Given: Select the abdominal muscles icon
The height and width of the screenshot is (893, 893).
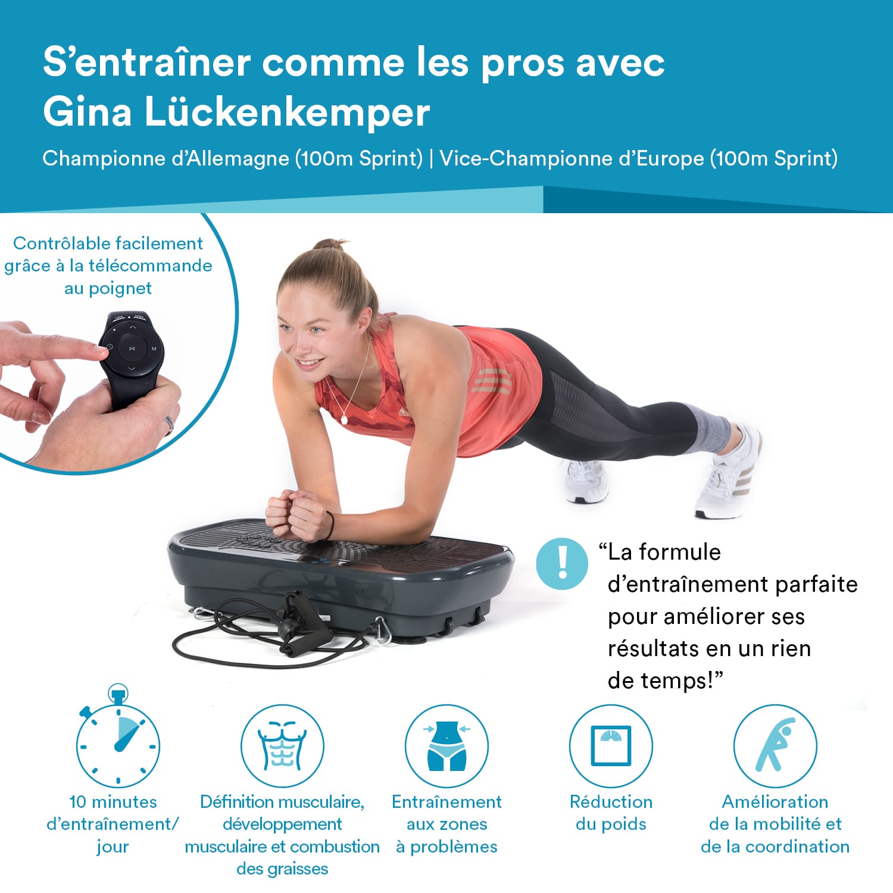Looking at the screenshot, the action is (282, 745).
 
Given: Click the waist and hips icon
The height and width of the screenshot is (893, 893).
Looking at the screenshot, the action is (447, 745).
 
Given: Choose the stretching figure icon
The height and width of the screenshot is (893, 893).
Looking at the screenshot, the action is (775, 745).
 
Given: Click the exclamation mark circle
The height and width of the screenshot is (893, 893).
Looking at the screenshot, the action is (562, 563).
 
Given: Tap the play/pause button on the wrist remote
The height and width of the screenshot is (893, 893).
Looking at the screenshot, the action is (132, 348).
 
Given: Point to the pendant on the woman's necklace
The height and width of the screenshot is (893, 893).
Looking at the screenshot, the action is (344, 419).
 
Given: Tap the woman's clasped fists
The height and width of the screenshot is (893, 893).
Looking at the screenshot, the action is (296, 514).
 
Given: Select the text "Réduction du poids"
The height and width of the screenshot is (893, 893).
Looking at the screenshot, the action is (611, 813).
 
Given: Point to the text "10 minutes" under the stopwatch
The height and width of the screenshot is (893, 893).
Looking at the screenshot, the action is (113, 802).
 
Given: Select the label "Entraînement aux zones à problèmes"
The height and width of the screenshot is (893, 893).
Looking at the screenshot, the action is (447, 824).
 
